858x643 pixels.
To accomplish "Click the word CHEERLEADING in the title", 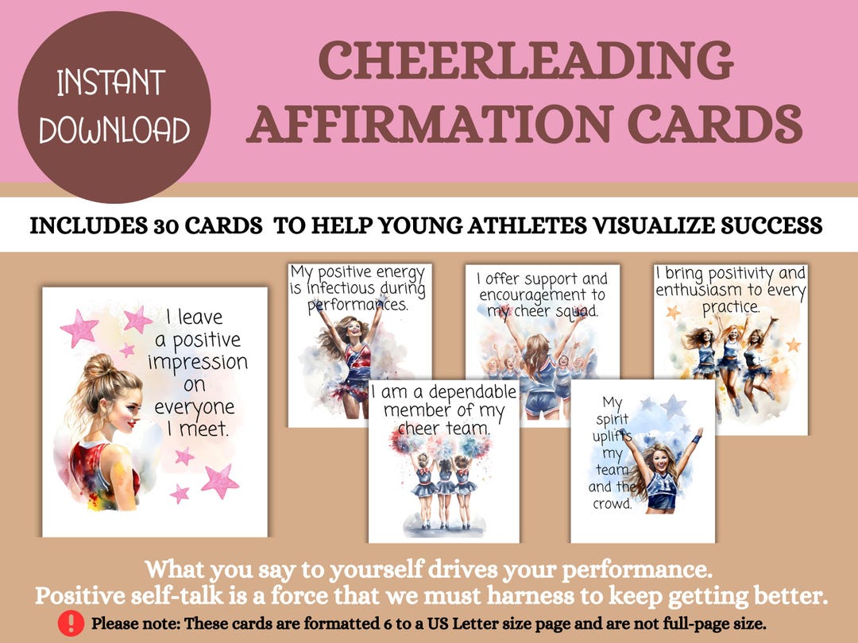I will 525,62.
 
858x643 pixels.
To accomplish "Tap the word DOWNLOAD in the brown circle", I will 114,130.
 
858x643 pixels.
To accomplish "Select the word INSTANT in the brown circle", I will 111,83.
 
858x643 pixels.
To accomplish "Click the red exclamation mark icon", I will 71,622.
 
